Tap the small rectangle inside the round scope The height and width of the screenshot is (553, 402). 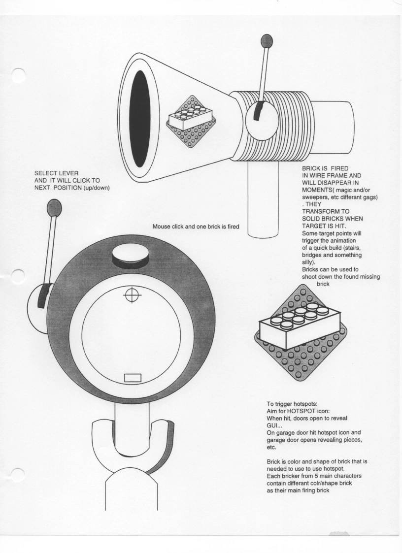[x=133, y=378]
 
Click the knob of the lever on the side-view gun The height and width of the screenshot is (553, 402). [x=267, y=40]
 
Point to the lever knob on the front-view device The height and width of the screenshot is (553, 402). [x=54, y=207]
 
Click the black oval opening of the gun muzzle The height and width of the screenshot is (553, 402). [x=139, y=119]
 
